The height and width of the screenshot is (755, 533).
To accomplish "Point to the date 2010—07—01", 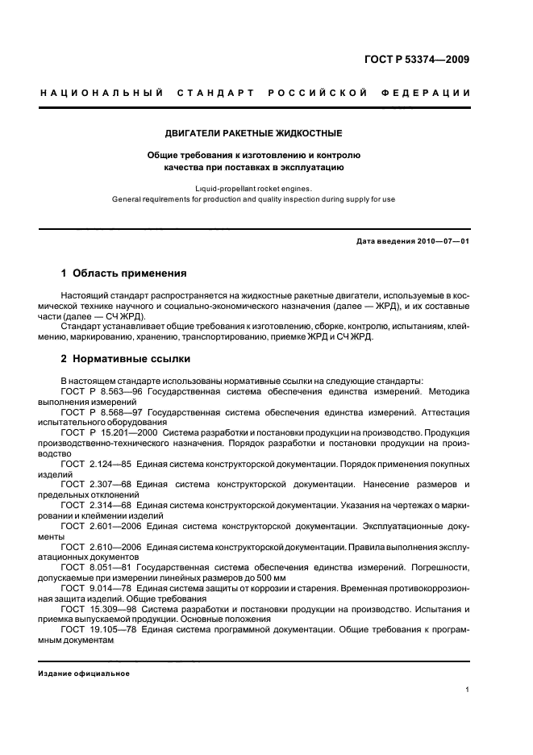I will [x=441, y=241].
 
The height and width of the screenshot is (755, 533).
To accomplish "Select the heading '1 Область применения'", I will [x=124, y=273].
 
